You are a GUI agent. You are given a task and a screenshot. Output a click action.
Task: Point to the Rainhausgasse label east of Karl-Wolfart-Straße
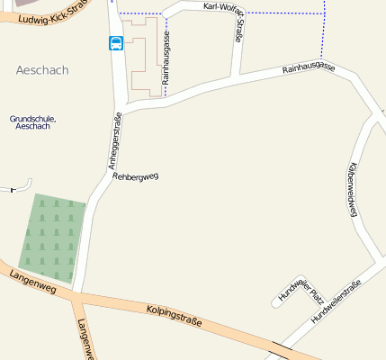coord(308,68)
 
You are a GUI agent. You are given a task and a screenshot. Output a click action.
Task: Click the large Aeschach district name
coord(42,69)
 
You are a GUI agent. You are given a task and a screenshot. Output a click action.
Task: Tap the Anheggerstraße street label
coord(114,140)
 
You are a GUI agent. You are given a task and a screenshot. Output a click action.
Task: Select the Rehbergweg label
coord(135,176)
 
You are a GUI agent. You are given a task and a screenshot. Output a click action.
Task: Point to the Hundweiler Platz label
coord(300,287)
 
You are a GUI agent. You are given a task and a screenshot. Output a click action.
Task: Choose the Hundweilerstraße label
coord(336,301)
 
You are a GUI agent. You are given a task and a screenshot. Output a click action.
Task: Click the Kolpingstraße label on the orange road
coord(174,316)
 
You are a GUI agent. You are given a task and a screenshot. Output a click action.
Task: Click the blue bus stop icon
coord(116,43)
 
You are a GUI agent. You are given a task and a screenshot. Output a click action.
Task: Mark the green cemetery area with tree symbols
coord(53,236)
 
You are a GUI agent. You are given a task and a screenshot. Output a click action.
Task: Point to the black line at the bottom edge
coord(280,351)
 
